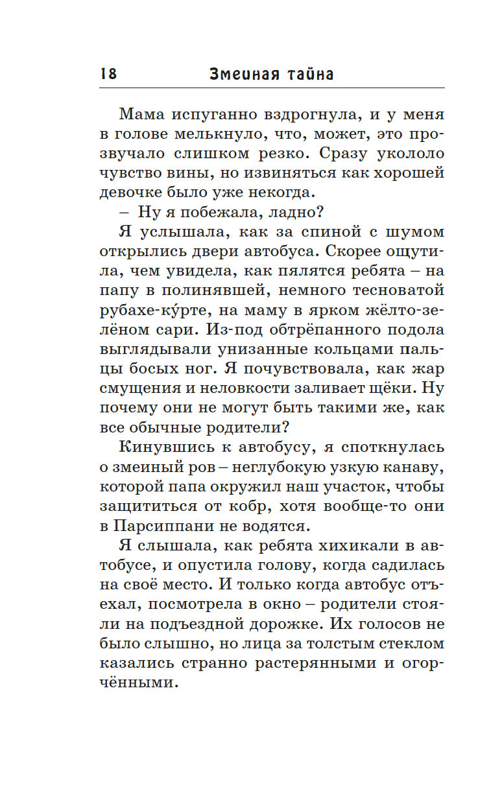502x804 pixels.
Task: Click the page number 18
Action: click(x=108, y=74)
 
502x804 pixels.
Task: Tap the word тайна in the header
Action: click(x=304, y=74)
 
